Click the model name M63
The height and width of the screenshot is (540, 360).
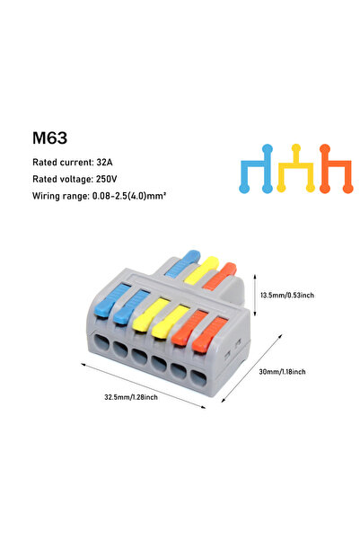click(x=50, y=138)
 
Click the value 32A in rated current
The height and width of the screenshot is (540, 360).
click(x=105, y=163)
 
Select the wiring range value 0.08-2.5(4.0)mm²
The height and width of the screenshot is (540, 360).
click(x=129, y=196)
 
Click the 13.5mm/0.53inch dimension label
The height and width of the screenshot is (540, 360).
click(x=287, y=295)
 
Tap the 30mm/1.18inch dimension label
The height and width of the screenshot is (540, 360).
click(x=282, y=372)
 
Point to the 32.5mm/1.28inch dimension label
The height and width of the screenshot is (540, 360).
click(x=131, y=397)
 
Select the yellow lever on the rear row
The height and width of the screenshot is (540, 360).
click(x=202, y=270)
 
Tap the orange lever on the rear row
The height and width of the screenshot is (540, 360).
click(x=220, y=276)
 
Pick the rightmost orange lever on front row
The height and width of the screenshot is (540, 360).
click(x=210, y=335)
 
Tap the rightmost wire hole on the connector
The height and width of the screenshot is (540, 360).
click(x=198, y=379)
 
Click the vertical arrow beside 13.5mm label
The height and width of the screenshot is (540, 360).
click(x=255, y=295)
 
